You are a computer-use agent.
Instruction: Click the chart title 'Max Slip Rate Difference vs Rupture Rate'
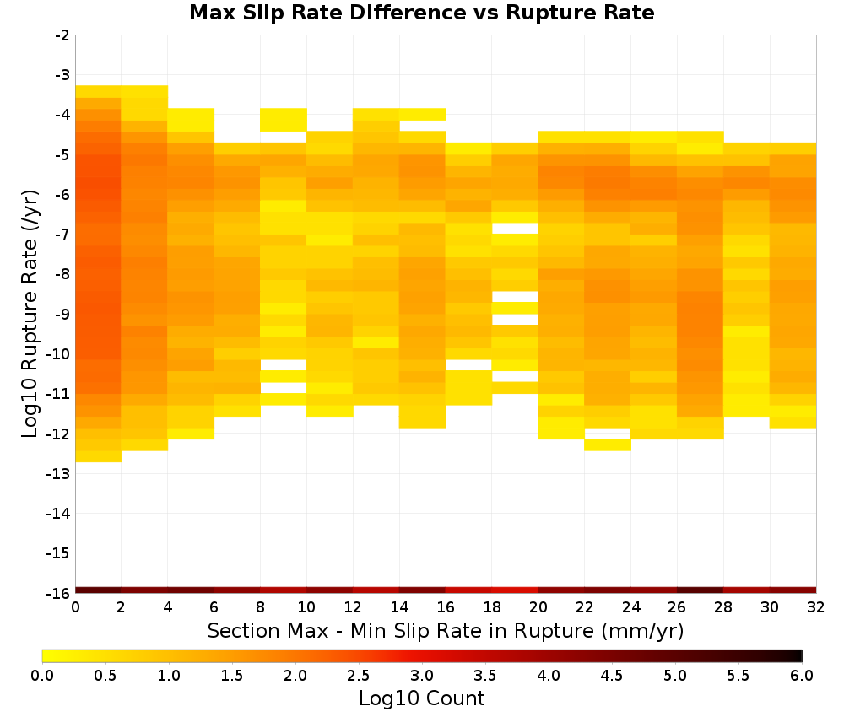pos(421,13)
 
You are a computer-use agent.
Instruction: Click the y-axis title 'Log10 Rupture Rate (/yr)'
pos(30,314)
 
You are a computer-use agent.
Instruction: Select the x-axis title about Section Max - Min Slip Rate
pos(446,630)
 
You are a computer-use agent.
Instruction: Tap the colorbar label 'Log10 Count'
pos(421,698)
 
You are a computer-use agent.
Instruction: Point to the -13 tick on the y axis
pos(57,474)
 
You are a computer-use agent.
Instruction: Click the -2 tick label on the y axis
pos(62,35)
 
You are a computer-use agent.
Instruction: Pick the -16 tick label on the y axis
pos(57,593)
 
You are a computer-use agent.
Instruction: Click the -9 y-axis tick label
pos(62,314)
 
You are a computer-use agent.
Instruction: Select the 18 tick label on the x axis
pos(492,607)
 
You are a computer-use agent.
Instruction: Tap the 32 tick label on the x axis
pos(816,607)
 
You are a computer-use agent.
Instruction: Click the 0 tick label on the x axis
pos(75,607)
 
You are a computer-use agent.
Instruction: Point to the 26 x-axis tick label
pos(677,607)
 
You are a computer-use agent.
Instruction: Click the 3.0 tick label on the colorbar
pos(422,676)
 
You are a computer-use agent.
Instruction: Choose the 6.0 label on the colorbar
pos(802,676)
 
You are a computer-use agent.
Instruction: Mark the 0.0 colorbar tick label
pos(42,676)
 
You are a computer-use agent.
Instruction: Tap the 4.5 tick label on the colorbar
pos(611,676)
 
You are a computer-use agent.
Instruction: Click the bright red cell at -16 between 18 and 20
pos(515,590)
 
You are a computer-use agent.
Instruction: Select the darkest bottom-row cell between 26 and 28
pos(701,590)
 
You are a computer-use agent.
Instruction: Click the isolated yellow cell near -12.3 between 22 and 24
pos(608,445)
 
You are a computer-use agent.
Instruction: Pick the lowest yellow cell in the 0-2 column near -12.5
pos(99,456)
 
